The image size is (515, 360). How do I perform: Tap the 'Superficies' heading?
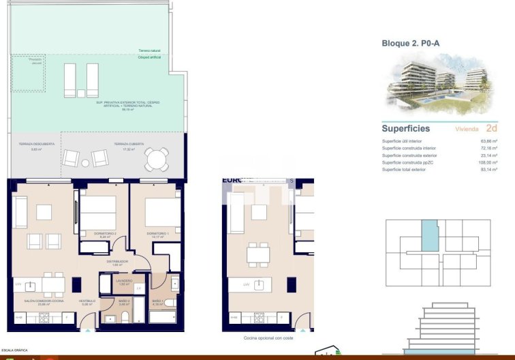[406, 128]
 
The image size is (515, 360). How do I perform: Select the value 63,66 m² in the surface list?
[489, 141]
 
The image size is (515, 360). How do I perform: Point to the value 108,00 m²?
[488, 162]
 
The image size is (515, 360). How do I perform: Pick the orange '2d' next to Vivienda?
[491, 128]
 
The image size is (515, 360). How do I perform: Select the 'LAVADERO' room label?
[123, 280]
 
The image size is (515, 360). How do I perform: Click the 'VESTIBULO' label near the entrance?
[87, 300]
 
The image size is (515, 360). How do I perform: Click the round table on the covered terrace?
[156, 160]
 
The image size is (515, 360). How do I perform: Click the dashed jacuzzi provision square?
[28, 74]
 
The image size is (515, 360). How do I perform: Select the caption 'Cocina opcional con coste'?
[268, 338]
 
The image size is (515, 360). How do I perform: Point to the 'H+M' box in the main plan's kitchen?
[19, 317]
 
